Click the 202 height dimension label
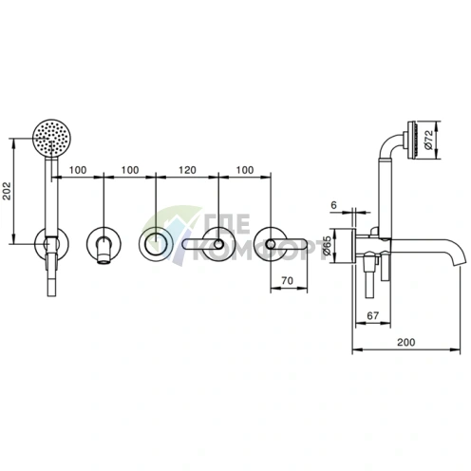7,191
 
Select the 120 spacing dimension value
187,170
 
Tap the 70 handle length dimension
287,280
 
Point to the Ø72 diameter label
428,140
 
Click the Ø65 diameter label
327,245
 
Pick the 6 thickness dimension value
334,205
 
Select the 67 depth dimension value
372,315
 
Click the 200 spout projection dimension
405,342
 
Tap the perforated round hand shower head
52,138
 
